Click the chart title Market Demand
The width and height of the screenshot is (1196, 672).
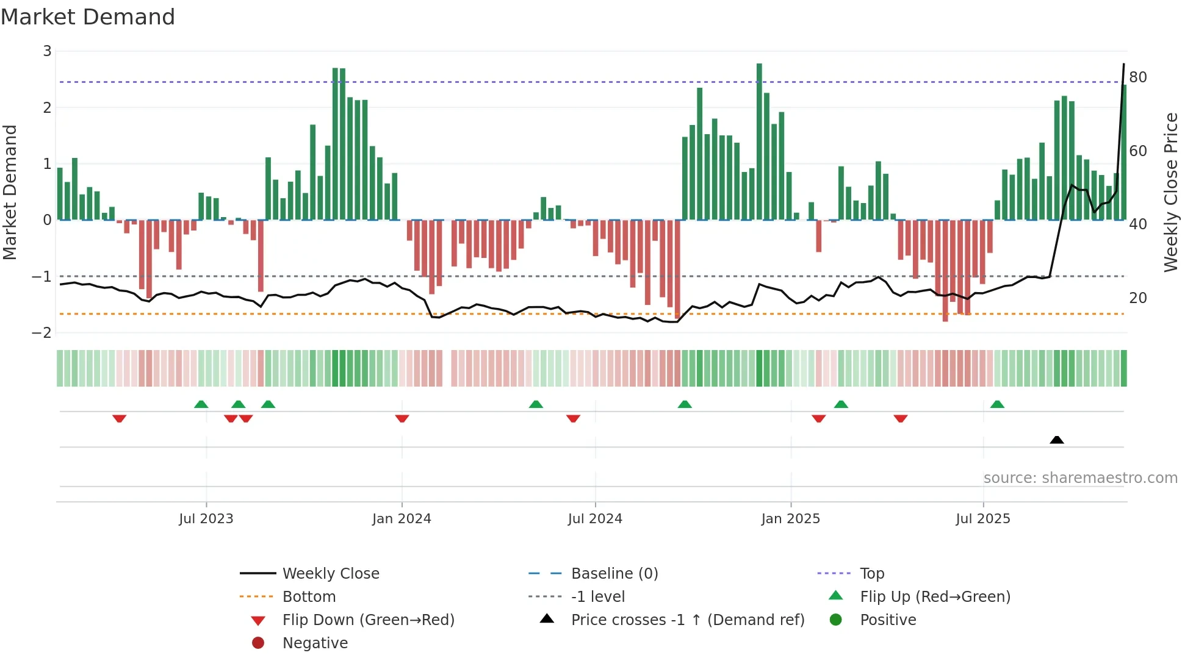pyautogui.click(x=88, y=17)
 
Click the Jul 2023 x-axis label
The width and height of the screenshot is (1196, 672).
pyautogui.click(x=206, y=519)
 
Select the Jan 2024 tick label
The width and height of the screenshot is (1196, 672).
pyautogui.click(x=402, y=519)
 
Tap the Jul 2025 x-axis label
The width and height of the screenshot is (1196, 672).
pyautogui.click(x=982, y=519)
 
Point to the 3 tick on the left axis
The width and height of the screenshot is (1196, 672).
pyautogui.click(x=47, y=51)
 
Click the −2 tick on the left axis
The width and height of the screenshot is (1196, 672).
pyautogui.click(x=42, y=333)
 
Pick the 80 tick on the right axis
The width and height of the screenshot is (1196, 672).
pyautogui.click(x=1137, y=77)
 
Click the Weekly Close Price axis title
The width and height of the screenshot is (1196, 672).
pyautogui.click(x=1170, y=192)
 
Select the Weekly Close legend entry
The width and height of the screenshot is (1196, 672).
pyautogui.click(x=330, y=574)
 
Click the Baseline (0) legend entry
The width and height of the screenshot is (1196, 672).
pyautogui.click(x=614, y=574)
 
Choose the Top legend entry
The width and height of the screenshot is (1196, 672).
pyautogui.click(x=871, y=574)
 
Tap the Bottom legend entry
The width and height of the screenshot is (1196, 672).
pyautogui.click(x=309, y=597)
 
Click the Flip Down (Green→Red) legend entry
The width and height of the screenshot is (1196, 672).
pyautogui.click(x=368, y=620)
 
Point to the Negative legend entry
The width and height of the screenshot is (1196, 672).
pyautogui.click(x=315, y=643)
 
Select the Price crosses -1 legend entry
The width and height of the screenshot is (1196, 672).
pyautogui.click(x=687, y=620)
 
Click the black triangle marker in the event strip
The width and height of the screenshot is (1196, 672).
pyautogui.click(x=1056, y=440)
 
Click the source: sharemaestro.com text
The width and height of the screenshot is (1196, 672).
pyautogui.click(x=1080, y=478)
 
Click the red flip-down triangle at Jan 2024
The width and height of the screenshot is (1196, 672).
pyautogui.click(x=402, y=418)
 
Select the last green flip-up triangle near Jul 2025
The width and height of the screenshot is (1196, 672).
pyautogui.click(x=997, y=404)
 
